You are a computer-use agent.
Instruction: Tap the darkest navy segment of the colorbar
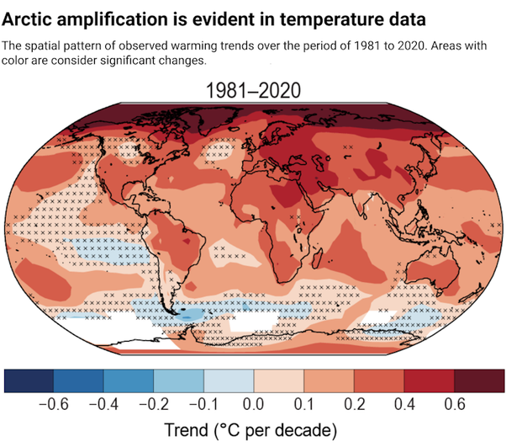[29, 380]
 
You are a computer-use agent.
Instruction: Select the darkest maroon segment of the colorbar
[479, 380]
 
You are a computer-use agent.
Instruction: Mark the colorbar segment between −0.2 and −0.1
[179, 380]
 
